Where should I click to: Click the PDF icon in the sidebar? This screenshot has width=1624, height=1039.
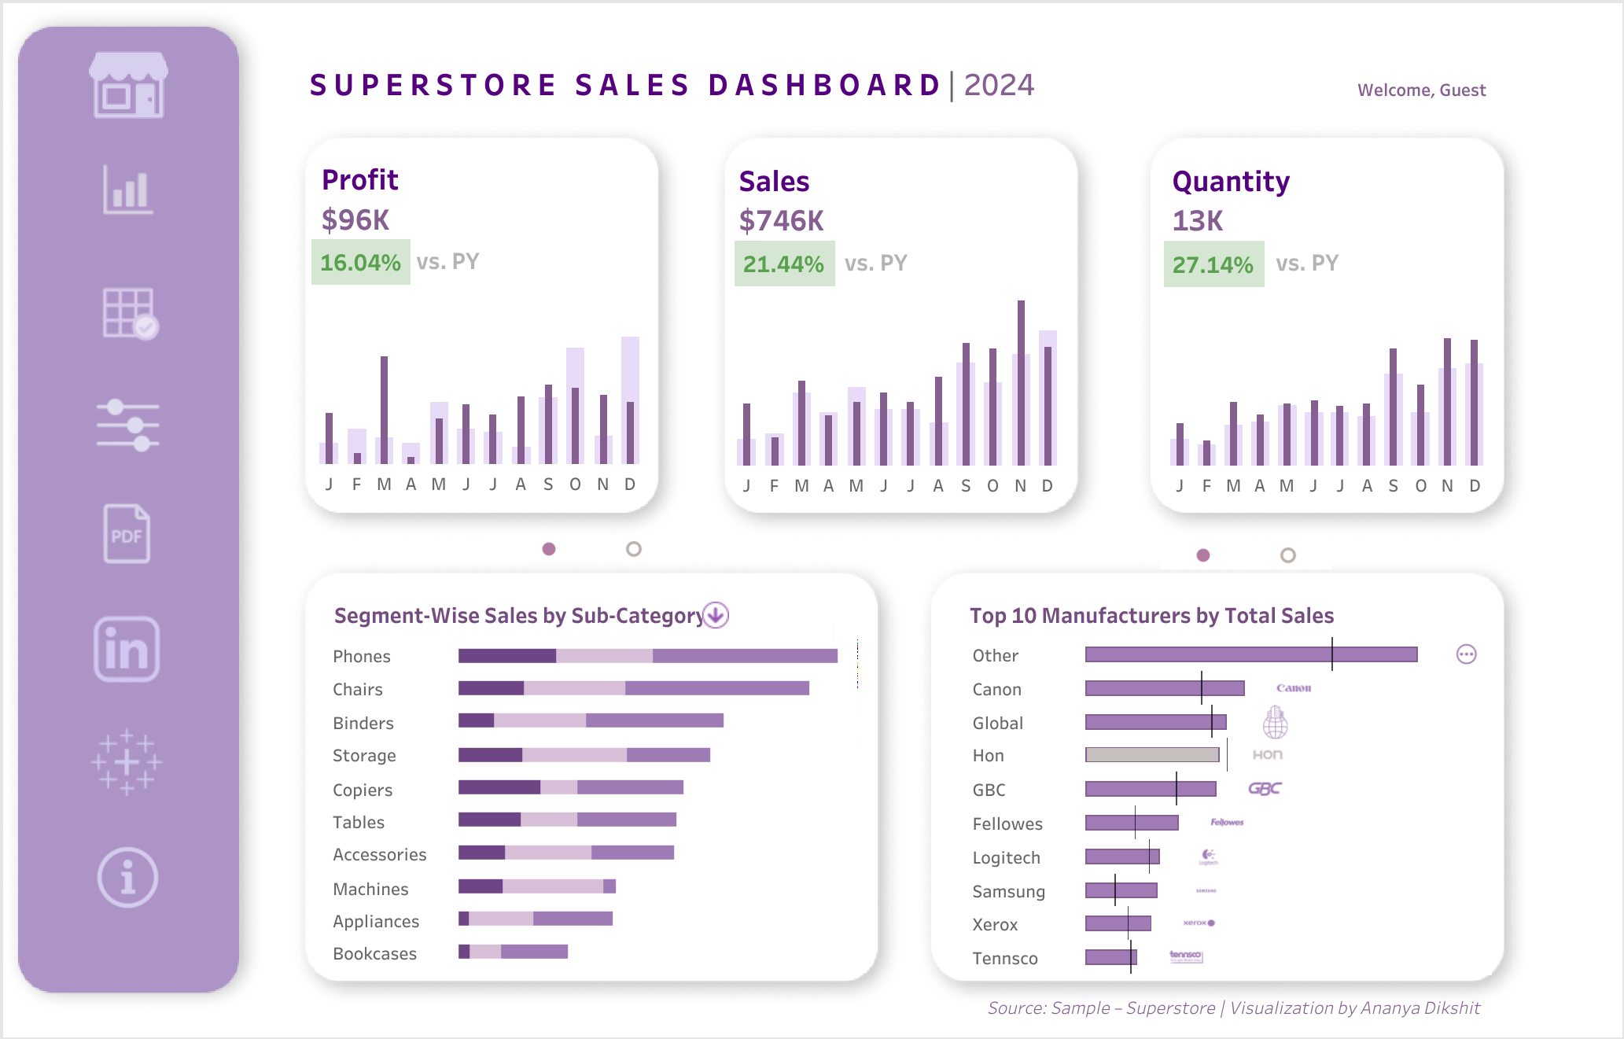pos(127,534)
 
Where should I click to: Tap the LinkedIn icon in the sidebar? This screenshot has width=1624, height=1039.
pos(127,649)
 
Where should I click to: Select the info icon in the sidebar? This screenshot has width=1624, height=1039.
pos(127,877)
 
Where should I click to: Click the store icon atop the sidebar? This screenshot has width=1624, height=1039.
pos(128,85)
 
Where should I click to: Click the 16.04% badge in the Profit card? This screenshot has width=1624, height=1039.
pos(360,262)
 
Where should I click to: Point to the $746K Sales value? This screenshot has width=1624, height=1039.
pos(781,221)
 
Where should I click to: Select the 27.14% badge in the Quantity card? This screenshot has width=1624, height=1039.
pos(1213,264)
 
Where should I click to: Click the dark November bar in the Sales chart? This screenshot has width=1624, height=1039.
pos(1021,383)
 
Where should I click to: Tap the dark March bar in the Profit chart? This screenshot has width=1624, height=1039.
pos(384,409)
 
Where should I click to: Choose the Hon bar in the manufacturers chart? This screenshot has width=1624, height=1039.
pos(1152,755)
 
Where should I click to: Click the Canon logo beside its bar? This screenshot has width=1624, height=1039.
pos(1294,688)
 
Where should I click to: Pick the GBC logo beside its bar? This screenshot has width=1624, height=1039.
pos(1265,788)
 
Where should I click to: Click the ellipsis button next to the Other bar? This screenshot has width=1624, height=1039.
pos(1466,654)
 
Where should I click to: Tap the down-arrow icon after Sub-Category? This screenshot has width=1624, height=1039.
pos(716,614)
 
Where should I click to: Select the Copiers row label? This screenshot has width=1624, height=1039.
pos(363,790)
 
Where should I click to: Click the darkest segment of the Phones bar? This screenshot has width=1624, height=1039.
pos(506,656)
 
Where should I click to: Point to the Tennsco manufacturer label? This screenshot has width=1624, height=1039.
pos(1005,958)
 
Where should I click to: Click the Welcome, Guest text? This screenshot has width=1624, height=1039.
pos(1421,90)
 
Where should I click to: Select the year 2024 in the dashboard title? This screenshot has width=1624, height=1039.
pos(999,85)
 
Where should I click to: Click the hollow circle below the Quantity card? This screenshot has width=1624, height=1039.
pos(1287,555)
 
